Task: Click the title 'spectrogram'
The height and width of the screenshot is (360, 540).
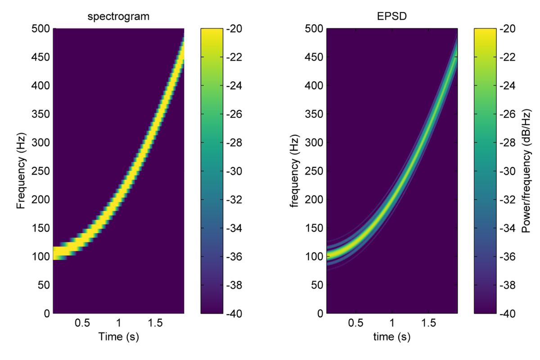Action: click(118, 18)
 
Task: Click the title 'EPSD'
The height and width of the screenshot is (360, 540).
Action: click(392, 18)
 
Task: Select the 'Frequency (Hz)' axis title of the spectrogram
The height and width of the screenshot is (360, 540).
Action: click(20, 171)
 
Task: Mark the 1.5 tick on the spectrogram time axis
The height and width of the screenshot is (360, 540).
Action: click(154, 324)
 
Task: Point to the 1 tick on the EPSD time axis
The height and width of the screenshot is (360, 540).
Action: click(392, 324)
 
